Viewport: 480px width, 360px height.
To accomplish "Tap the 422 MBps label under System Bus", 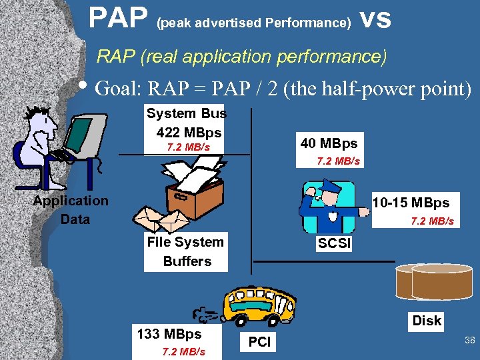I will [x=189, y=132].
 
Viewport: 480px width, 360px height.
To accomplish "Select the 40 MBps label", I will [x=329, y=143].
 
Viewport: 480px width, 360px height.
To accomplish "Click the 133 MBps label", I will [x=169, y=334].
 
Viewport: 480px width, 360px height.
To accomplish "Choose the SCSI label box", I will [x=334, y=243].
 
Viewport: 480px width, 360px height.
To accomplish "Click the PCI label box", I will [x=259, y=343].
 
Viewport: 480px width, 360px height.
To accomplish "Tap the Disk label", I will [x=427, y=321].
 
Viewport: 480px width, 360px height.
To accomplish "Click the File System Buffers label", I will [x=185, y=251].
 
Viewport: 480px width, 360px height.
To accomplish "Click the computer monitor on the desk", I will [x=87, y=134].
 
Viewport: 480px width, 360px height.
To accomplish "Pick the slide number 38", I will [x=469, y=341].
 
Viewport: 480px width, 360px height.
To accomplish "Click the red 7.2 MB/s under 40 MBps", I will [x=339, y=161].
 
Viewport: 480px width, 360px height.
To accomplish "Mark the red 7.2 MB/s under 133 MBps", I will [x=184, y=351].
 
